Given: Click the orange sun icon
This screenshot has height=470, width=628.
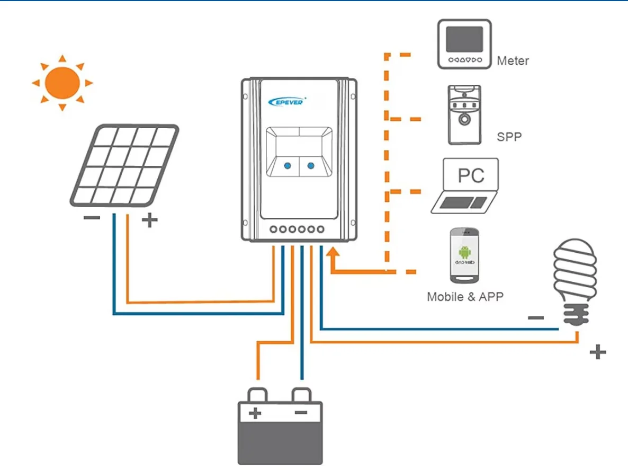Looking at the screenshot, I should pos(62,83).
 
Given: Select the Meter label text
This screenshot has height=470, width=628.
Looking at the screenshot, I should pos(513,61).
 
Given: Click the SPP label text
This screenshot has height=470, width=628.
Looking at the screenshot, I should pos(509,137).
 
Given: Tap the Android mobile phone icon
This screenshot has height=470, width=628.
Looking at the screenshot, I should pos(465,255).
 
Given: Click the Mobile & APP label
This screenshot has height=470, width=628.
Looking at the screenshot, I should pos(464,297).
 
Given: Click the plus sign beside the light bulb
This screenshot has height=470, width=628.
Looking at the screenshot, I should pos(597,351).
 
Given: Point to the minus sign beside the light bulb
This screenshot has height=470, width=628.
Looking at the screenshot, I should pos(536,318).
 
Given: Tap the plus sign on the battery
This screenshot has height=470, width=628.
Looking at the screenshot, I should pos(256,412).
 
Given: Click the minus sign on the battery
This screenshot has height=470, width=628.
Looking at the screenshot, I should pos(301,412).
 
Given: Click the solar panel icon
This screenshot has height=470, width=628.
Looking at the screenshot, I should pos(124,165).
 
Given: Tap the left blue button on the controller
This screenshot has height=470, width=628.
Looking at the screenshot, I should pos(287,166).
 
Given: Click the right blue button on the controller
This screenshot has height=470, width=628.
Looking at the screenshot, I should pos(311,166).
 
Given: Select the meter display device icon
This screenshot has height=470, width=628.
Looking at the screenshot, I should pos(464,44).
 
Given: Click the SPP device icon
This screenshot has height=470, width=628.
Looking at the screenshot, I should pos(464,114).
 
